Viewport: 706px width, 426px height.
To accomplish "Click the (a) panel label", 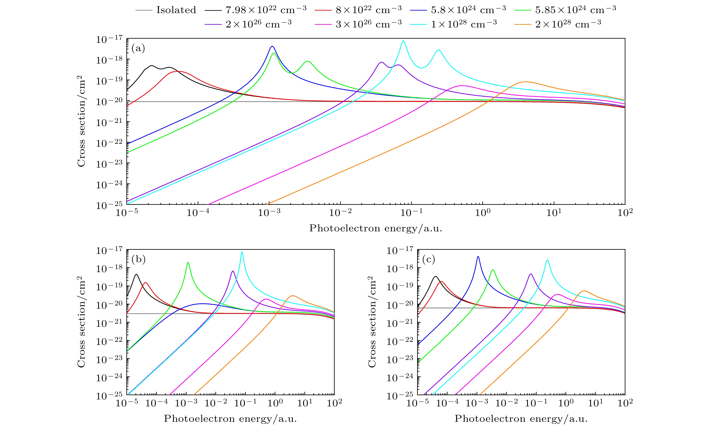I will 138,48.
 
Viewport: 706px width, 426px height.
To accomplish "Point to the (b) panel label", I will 138,259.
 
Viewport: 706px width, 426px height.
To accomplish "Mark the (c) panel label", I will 429,259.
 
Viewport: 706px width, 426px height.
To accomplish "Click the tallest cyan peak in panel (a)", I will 403,41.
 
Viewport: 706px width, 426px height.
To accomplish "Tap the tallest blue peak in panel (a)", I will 272,46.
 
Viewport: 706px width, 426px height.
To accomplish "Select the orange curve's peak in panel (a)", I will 525,82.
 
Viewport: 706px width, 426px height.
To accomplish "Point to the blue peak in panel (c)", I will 478,256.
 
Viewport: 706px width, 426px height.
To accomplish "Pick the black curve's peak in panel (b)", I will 136,274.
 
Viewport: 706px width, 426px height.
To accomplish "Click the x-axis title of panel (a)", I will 376,228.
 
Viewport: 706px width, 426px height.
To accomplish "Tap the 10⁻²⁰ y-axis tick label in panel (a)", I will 109,102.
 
